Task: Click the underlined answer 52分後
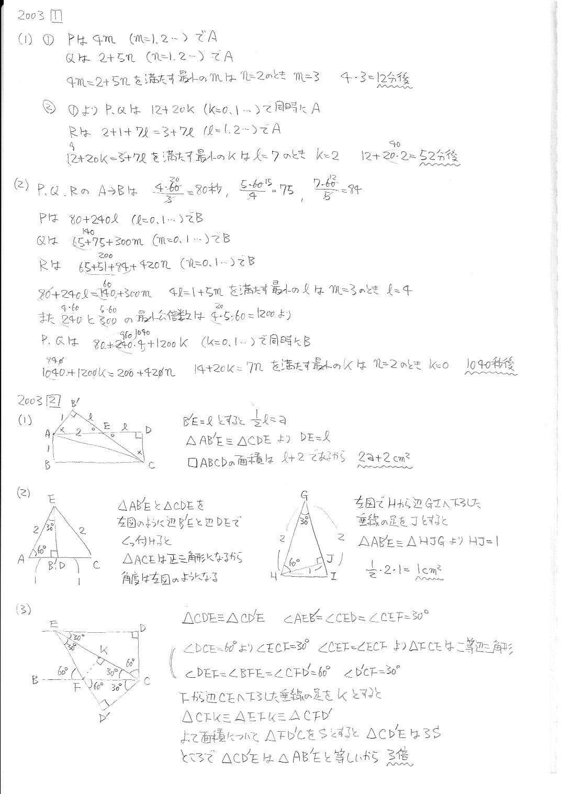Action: coord(441,156)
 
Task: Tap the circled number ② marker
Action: coord(49,108)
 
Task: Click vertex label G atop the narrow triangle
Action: coord(304,494)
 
